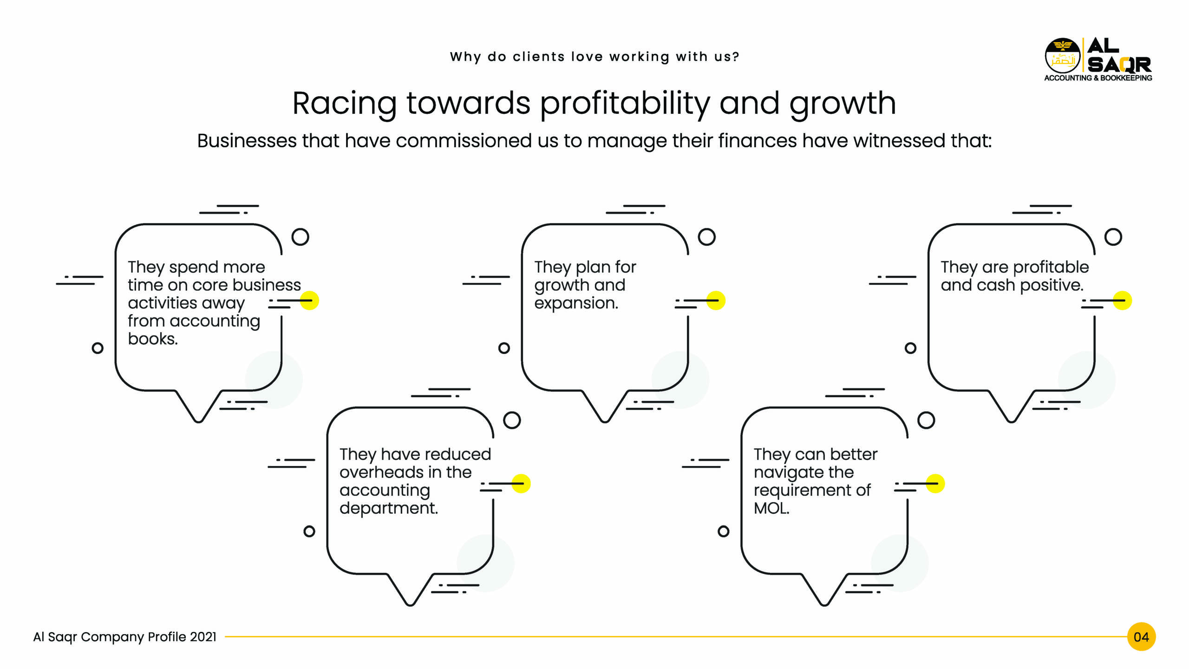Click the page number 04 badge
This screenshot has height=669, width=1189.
(1141, 636)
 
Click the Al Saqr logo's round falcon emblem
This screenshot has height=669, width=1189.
(1063, 56)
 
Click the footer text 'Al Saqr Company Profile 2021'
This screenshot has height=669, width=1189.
(125, 637)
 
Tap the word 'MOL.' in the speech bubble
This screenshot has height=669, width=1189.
(771, 508)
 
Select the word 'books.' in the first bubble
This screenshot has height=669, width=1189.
(153, 339)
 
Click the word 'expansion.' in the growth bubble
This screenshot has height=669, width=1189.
(576, 303)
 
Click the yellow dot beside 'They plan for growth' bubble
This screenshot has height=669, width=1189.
(716, 301)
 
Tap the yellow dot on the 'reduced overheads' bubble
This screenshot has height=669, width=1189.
(521, 484)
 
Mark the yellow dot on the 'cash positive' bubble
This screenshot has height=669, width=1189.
(1122, 301)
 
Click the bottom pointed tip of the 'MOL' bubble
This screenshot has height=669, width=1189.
(824, 605)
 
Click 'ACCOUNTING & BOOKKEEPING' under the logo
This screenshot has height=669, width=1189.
(1098, 78)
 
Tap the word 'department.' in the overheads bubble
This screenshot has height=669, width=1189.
(389, 509)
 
